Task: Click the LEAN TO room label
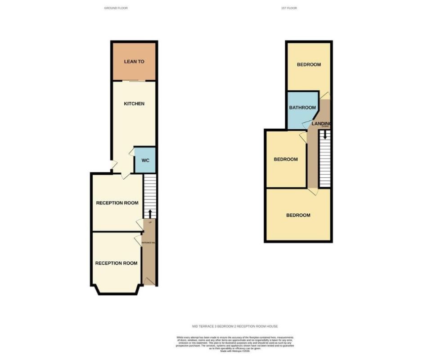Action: click(134, 62)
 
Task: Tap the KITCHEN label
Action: click(134, 104)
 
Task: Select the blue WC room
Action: click(145, 160)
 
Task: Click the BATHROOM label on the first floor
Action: click(302, 108)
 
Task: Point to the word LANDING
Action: click(322, 123)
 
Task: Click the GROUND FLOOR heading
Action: click(116, 8)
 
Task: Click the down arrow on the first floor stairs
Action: click(325, 134)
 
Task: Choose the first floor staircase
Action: click(325, 160)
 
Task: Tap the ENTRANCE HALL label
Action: click(148, 243)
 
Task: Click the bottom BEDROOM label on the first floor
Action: click(298, 215)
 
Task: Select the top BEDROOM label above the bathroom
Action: click(309, 64)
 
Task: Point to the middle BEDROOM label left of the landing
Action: click(286, 159)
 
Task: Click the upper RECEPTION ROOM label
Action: click(117, 203)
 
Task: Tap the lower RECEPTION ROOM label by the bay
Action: click(116, 263)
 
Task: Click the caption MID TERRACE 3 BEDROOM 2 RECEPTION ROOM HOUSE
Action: click(235, 326)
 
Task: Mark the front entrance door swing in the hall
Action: click(150, 280)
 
